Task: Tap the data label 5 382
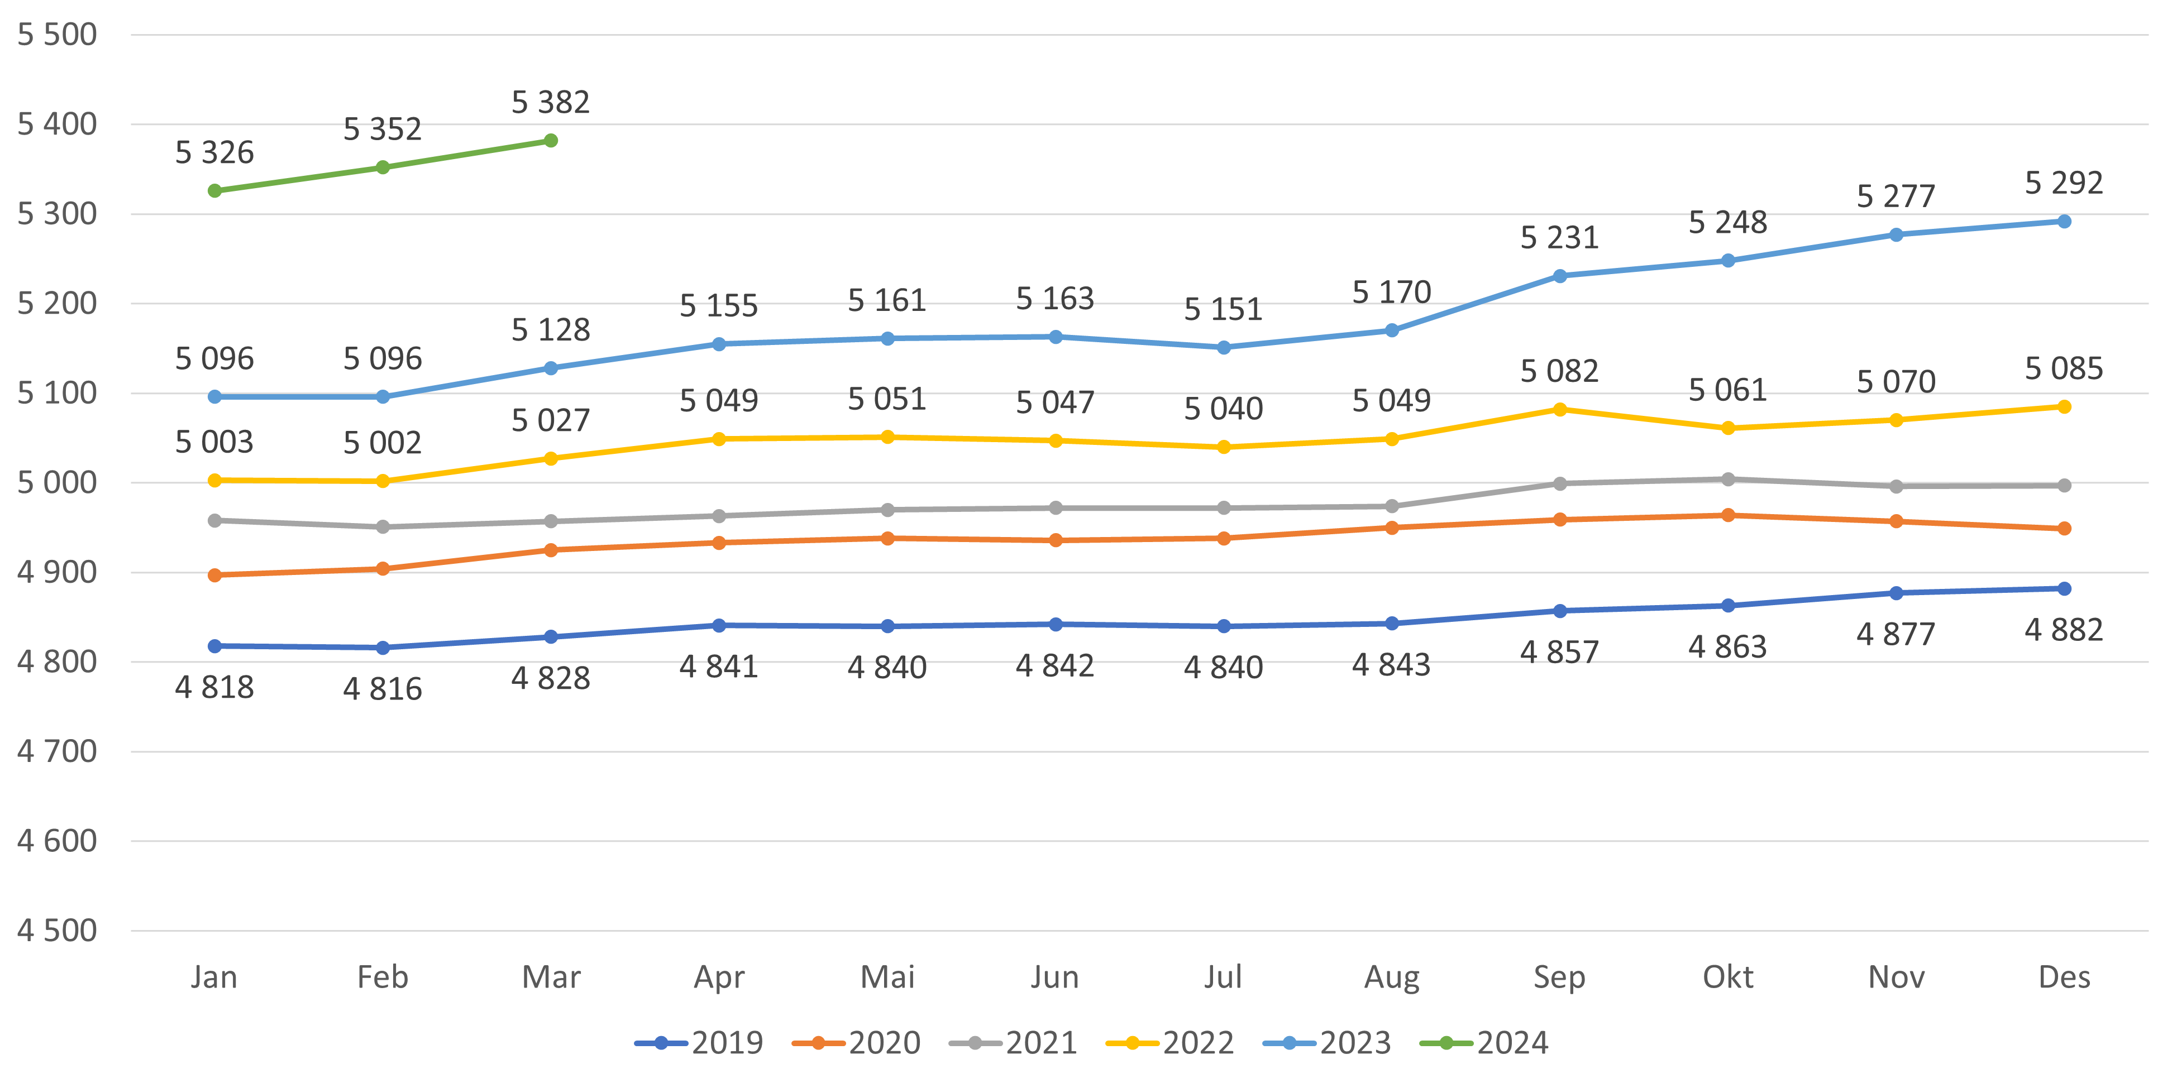click(551, 102)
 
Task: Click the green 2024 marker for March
click(551, 140)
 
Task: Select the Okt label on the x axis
click(1728, 977)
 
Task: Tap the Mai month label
click(887, 977)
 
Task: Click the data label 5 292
click(2064, 183)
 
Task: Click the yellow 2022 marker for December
click(2064, 407)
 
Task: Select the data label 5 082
click(1560, 371)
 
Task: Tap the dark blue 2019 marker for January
click(214, 646)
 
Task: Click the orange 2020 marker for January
click(214, 575)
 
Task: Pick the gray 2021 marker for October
click(1728, 479)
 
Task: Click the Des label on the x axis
click(2064, 977)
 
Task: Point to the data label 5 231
click(1560, 237)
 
